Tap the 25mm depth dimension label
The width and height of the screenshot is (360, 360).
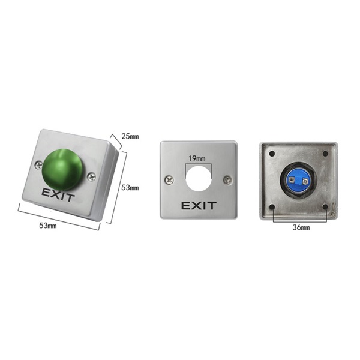(130, 136)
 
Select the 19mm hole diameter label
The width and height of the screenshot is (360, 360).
(197, 158)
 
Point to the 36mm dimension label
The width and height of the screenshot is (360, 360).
(301, 227)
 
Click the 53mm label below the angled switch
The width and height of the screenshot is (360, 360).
(48, 226)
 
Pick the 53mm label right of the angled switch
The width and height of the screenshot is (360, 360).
(130, 188)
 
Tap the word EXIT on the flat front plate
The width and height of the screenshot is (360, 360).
(199, 206)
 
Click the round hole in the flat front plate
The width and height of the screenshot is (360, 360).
(199, 179)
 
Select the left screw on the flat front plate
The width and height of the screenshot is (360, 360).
(169, 180)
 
